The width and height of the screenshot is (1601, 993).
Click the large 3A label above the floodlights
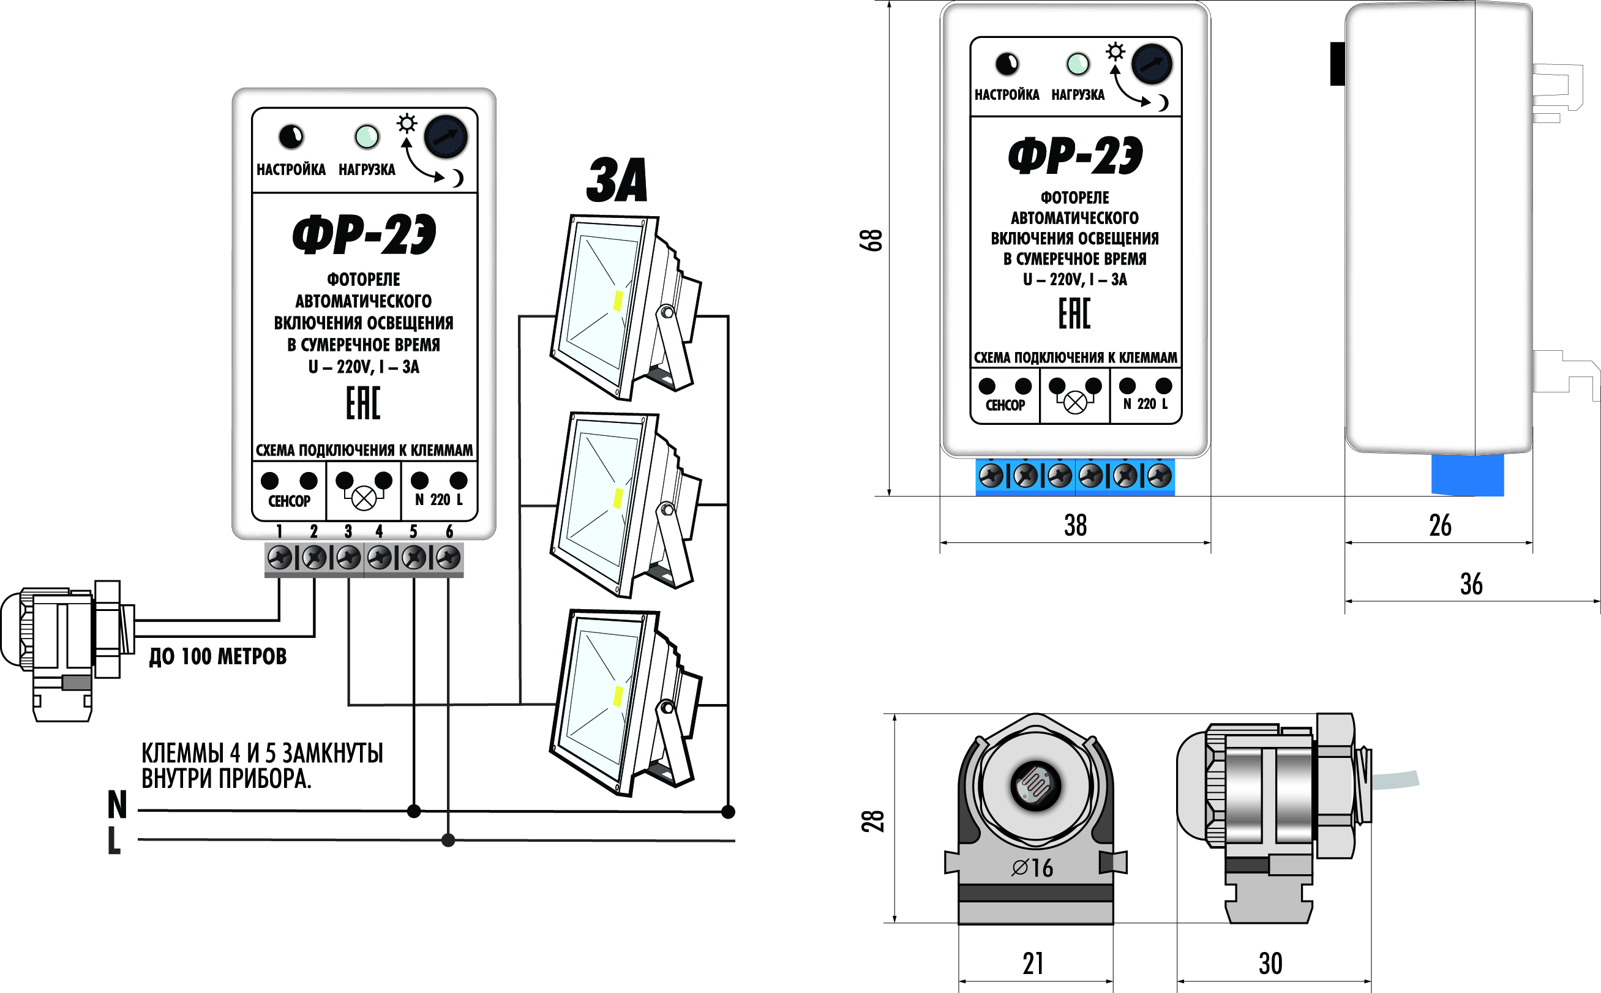tap(617, 180)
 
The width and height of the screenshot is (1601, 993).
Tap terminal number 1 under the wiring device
tap(279, 531)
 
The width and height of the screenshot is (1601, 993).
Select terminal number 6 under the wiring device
tap(449, 531)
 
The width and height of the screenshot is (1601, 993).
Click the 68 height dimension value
tap(871, 241)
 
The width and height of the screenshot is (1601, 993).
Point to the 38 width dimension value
tap(1075, 525)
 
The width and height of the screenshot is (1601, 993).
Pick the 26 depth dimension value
tap(1440, 525)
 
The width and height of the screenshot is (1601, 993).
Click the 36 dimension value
tap(1471, 584)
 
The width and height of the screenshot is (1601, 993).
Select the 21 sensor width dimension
tap(1033, 964)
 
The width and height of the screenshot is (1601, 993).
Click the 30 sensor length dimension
tap(1270, 964)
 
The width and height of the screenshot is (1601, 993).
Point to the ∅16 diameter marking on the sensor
tap(1032, 867)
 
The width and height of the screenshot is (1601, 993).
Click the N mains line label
tap(117, 804)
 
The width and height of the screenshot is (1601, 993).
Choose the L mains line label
tap(114, 841)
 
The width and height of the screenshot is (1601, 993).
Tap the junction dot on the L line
tap(448, 840)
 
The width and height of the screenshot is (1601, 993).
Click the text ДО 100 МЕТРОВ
tap(217, 656)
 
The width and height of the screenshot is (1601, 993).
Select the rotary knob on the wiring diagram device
tap(445, 137)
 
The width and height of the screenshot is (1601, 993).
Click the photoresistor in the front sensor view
tap(1035, 785)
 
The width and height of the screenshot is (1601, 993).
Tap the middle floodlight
tap(624, 504)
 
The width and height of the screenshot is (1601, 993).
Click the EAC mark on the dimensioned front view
tap(1074, 313)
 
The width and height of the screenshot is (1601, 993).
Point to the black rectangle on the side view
tap(1337, 64)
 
